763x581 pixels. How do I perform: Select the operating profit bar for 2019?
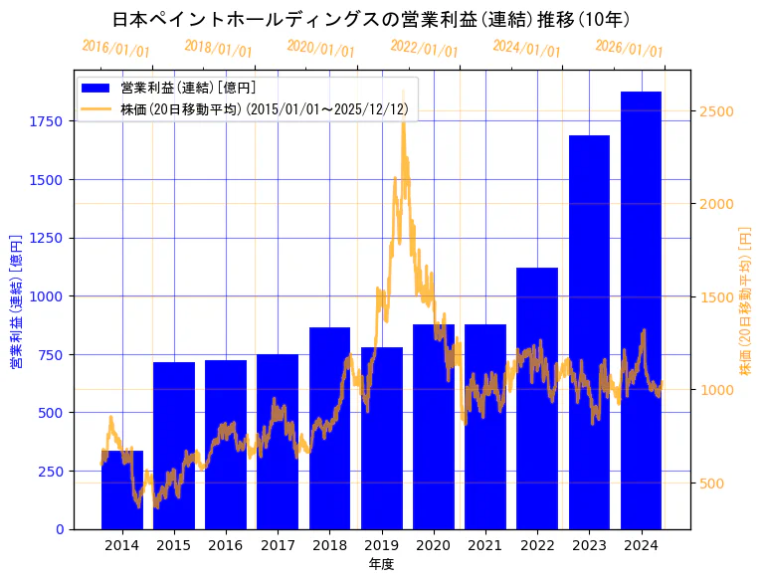click(x=382, y=438)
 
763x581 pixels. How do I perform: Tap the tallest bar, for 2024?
click(x=642, y=309)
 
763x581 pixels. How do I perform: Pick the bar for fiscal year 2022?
click(x=537, y=398)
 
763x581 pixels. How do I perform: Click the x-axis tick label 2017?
click(x=278, y=544)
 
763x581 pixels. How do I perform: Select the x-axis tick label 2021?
click(x=485, y=544)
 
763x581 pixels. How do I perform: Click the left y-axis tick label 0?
click(x=61, y=529)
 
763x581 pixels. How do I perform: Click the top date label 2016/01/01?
click(x=115, y=50)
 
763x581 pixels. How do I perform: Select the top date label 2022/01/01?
click(x=425, y=50)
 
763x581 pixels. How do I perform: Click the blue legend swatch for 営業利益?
click(x=97, y=88)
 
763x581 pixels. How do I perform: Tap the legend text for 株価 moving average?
click(x=264, y=108)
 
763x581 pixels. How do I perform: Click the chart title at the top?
click(x=371, y=19)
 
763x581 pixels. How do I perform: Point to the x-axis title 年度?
click(x=381, y=564)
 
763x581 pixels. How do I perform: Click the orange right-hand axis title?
click(x=745, y=298)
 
